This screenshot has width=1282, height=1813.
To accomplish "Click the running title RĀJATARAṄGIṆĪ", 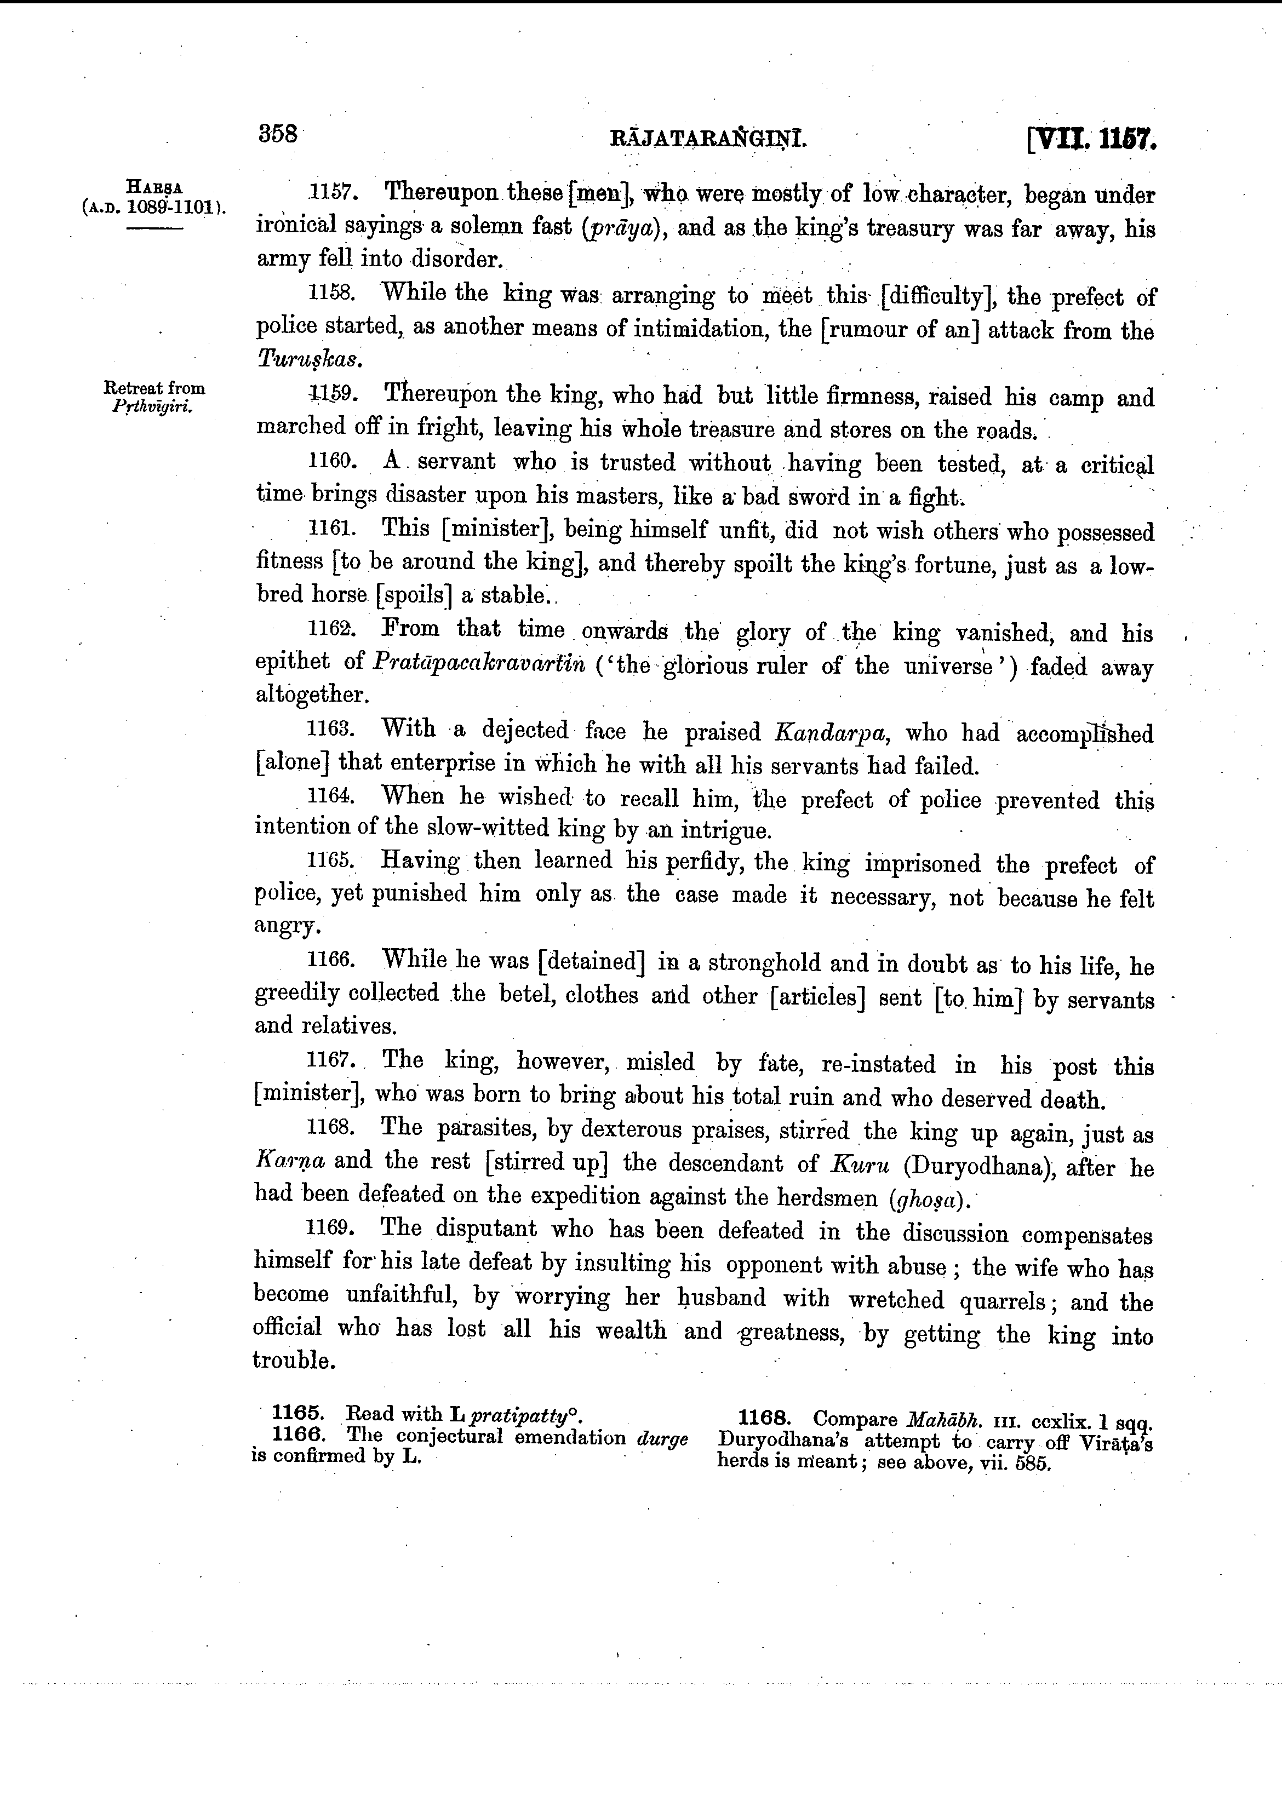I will tap(708, 141).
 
